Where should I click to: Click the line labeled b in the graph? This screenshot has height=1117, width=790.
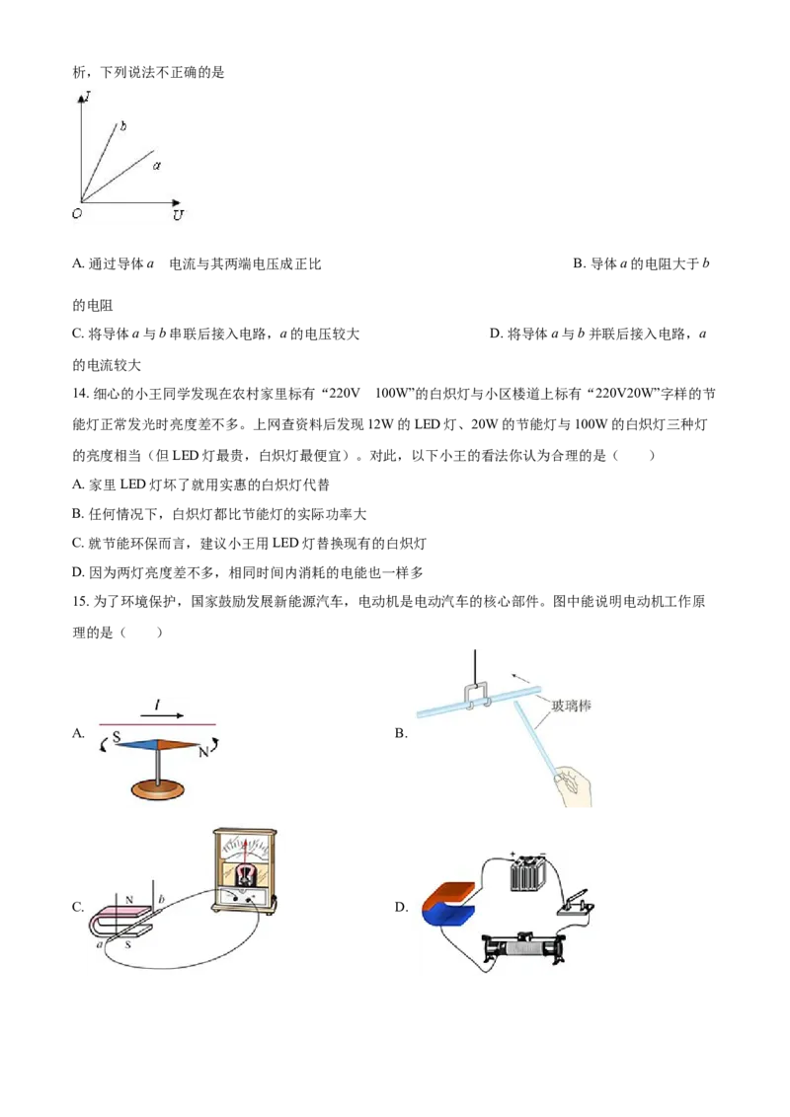99,162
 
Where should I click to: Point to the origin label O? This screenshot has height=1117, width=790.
77,213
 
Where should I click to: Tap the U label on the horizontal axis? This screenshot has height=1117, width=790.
178,214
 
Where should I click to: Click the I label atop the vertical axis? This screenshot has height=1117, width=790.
87,94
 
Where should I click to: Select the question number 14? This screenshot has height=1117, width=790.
81,394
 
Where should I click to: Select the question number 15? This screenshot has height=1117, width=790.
81,602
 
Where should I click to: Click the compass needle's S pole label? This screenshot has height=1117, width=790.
117,736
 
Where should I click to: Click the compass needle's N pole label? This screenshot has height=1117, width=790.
203,752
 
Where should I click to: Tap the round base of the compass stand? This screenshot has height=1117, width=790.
158,787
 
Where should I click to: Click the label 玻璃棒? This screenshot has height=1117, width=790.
571,706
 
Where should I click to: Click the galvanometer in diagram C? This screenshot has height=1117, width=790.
244,870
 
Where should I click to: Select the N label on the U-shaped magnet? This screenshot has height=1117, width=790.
129,900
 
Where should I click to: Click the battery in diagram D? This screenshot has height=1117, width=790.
527,872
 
